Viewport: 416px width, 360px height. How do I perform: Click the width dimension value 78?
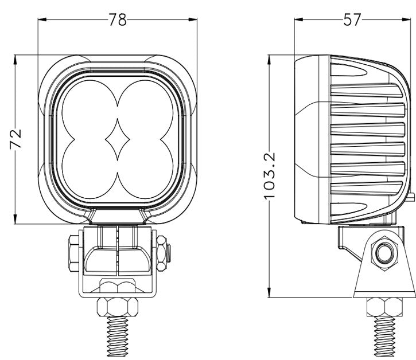click(x=118, y=19)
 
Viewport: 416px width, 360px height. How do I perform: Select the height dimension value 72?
click(x=17, y=139)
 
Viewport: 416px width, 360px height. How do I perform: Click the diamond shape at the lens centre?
click(x=118, y=139)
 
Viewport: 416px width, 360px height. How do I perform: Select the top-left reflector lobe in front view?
click(x=89, y=109)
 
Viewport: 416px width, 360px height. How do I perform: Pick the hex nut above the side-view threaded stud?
click(x=384, y=307)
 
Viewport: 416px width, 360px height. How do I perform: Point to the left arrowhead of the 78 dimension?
click(x=42, y=19)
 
